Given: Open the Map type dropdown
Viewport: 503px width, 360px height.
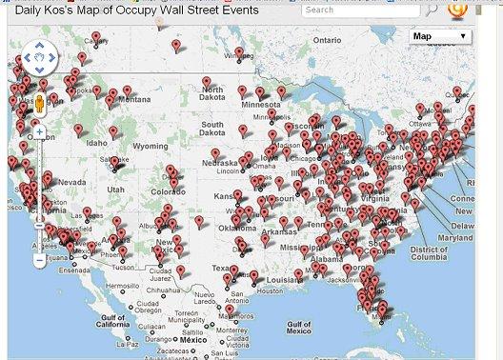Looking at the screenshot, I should (440, 36).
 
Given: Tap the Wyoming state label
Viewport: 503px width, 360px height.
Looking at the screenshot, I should (150, 147).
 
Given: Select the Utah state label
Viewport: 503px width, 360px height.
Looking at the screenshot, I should (115, 190).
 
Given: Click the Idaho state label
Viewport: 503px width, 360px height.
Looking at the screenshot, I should (96, 143).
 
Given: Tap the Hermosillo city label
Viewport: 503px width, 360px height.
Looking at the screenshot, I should (122, 286).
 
